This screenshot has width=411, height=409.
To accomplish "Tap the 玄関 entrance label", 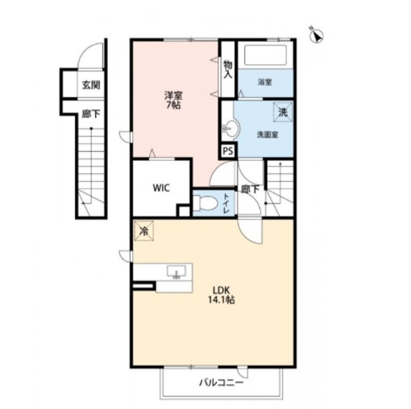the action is [x=91, y=86].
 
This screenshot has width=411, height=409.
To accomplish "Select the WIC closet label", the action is [x=161, y=188].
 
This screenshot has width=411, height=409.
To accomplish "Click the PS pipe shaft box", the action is [x=228, y=151].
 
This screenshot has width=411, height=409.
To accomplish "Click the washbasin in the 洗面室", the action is [x=231, y=128].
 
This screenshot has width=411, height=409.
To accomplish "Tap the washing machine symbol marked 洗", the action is [x=283, y=113].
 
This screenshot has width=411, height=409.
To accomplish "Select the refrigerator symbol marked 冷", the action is [x=144, y=231].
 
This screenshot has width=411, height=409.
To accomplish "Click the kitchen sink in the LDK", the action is [x=177, y=271].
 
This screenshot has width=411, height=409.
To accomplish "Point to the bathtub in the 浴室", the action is [x=265, y=55].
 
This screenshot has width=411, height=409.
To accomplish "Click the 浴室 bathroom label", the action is [x=265, y=82].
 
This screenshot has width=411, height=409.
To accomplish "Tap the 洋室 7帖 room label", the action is [x=173, y=100].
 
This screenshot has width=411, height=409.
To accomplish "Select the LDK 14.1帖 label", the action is [x=221, y=295].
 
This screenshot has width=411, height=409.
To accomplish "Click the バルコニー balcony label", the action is [x=222, y=383].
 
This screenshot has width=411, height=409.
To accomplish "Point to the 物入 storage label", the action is [x=228, y=69].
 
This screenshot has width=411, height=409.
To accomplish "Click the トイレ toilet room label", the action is [x=226, y=203].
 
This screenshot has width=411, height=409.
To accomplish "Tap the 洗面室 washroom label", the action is [x=267, y=134].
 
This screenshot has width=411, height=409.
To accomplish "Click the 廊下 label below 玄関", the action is [x=91, y=114].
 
